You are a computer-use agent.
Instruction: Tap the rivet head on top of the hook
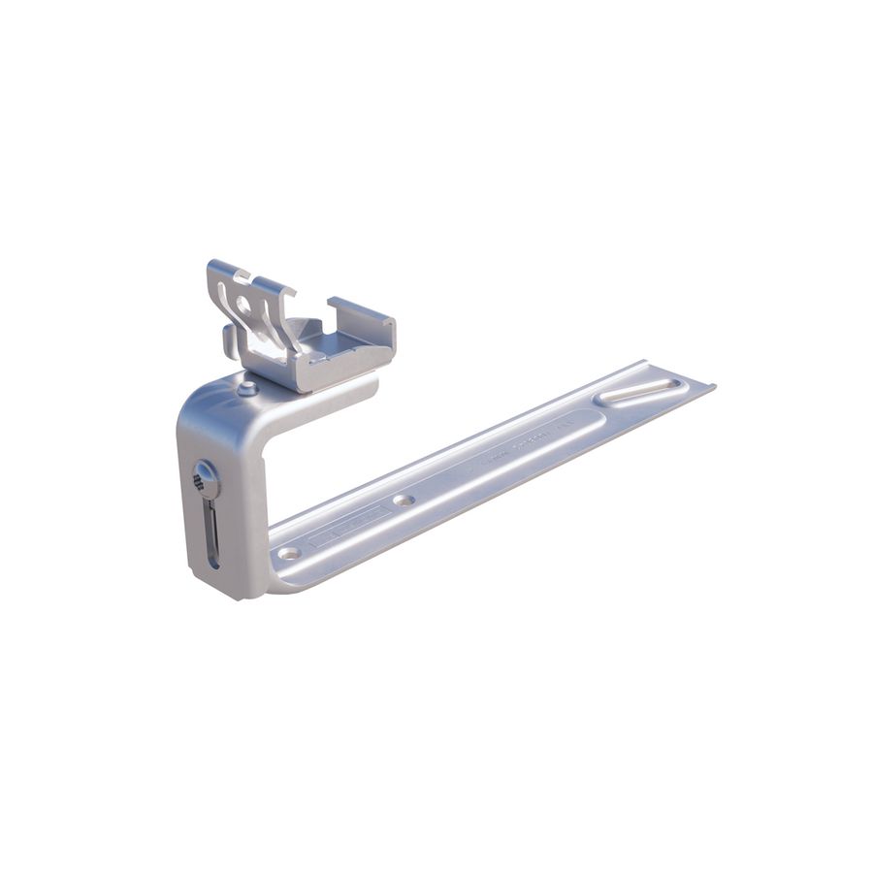[247, 389]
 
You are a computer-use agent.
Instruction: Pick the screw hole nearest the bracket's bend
[288, 553]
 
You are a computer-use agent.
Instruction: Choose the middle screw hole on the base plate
[404, 501]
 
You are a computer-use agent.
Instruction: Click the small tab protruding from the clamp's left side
[229, 339]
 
